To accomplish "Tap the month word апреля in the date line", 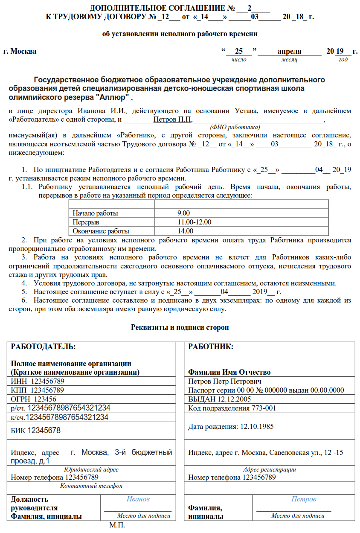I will pyautogui.click(x=289, y=52).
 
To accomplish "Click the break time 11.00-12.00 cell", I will pyautogui.click(x=195, y=222).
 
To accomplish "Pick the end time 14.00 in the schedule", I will pyautogui.click(x=186, y=231).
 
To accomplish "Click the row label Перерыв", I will pyautogui.click(x=86, y=222).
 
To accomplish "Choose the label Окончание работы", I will pyautogui.click(x=101, y=231).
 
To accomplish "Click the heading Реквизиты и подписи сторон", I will pyautogui.click(x=180, y=328).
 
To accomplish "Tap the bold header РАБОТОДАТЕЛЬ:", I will pyautogui.click(x=43, y=347).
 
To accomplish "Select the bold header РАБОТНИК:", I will pyautogui.click(x=211, y=347).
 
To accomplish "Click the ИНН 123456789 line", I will pyautogui.click(x=38, y=381).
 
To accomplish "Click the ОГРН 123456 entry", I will pyautogui.click(x=33, y=399).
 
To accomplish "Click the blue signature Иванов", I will pyautogui.click(x=138, y=499).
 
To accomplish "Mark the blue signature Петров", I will pyautogui.click(x=304, y=499).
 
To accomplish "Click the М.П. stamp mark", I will pyautogui.click(x=117, y=525).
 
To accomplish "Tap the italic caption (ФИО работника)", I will pyautogui.click(x=235, y=127).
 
